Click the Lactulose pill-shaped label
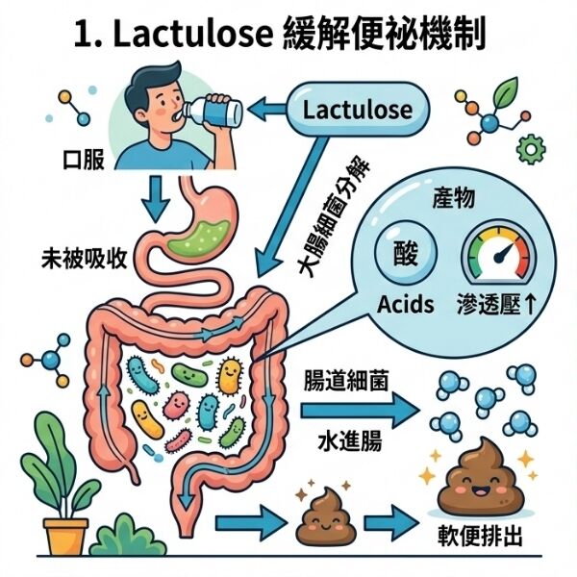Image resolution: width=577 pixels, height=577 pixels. (358, 110)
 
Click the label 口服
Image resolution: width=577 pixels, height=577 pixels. (84, 160)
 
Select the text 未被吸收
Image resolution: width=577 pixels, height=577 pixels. (84, 258)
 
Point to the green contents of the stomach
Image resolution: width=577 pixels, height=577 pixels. (198, 238)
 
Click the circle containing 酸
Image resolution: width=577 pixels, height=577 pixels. (406, 252)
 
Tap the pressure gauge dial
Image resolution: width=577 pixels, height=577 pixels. (499, 253)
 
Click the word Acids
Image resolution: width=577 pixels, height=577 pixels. (406, 305)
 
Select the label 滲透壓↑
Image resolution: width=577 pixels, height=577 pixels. (497, 305)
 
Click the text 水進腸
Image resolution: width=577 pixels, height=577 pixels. (350, 440)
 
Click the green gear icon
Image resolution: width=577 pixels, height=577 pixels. (531, 149)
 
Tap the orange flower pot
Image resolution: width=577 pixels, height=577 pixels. (65, 536)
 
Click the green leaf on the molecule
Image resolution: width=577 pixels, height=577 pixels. (505, 91)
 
